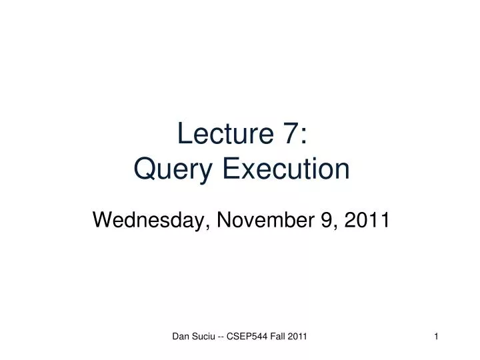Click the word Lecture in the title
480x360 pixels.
point(220,135)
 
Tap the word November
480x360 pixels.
point(260,219)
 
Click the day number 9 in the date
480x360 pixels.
point(326,219)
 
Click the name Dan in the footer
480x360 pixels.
point(180,337)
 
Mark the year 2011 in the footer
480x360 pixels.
point(297,337)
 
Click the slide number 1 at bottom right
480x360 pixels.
point(436,337)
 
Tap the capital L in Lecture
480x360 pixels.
point(184,135)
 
